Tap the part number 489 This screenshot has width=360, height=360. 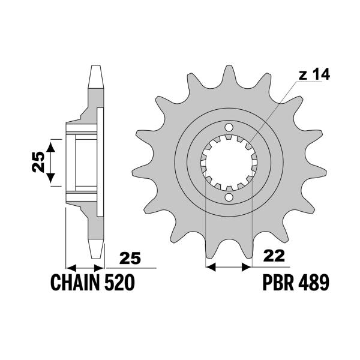[314, 282]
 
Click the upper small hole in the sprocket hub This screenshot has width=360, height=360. [229, 128]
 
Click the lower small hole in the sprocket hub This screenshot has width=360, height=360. [229, 197]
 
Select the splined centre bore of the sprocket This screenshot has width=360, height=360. [229, 162]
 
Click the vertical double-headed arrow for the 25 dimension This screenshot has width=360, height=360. [52, 161]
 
